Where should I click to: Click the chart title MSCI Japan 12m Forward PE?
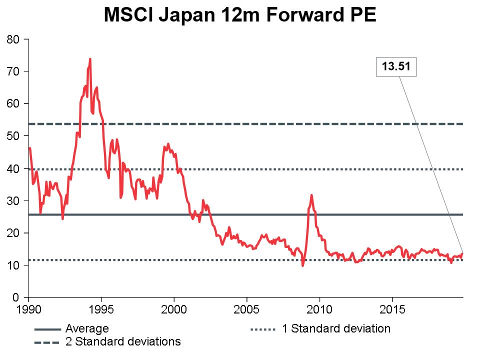point(239,16)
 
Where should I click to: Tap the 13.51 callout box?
point(396,66)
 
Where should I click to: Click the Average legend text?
point(87,329)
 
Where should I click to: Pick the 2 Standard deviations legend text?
point(123,342)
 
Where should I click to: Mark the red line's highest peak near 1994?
point(90,59)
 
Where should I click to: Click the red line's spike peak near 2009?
point(311,195)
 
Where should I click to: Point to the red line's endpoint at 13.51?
point(462,253)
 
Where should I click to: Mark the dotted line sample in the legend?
point(262,329)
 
